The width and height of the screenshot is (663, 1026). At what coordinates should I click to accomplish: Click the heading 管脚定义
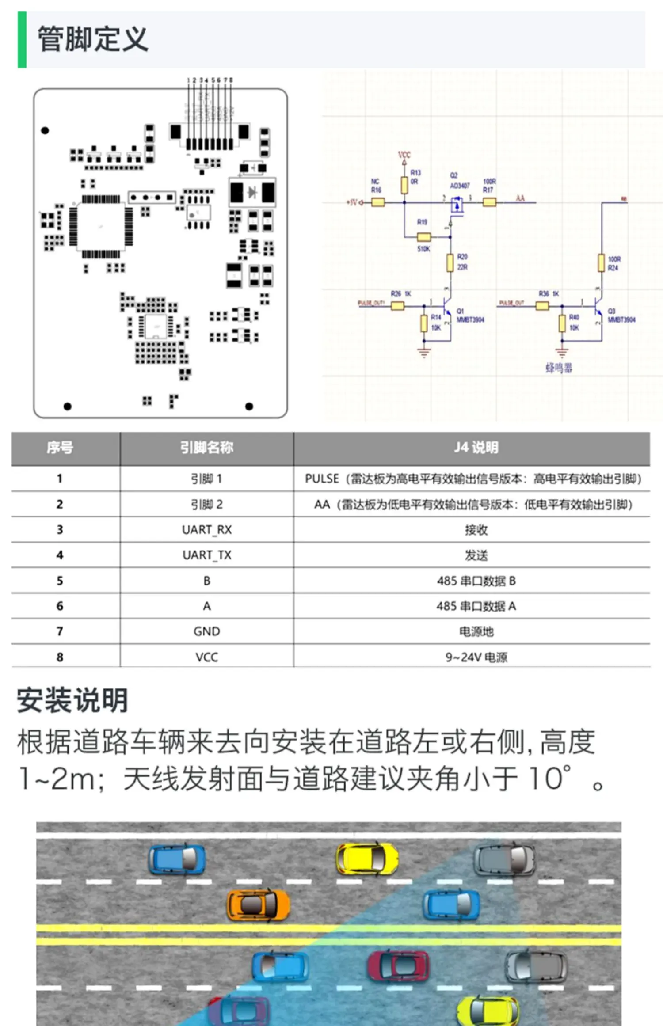92,39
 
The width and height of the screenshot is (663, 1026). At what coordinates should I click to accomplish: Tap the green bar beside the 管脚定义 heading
22,39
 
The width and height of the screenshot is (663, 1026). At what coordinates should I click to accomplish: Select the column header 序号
60,448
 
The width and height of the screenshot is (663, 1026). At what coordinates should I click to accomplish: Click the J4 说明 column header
476,448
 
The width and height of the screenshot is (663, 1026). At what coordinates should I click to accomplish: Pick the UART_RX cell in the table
206,529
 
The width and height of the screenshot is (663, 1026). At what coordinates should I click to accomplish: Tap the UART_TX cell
206,555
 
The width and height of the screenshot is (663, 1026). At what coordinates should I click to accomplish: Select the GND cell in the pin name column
206,631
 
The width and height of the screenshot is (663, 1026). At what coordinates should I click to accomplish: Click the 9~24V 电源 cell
476,657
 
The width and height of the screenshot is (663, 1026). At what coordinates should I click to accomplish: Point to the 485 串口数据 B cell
476,581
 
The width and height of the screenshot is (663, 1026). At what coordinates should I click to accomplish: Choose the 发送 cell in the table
476,555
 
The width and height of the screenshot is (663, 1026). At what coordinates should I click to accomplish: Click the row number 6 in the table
60,606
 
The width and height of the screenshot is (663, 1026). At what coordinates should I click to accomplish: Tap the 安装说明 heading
72,701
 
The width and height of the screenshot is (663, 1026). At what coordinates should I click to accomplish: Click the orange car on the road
258,905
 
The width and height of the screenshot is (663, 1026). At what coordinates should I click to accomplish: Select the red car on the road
398,966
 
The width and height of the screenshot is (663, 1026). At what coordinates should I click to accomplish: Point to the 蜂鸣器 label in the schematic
559,368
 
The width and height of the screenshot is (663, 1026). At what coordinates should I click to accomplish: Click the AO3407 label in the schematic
460,186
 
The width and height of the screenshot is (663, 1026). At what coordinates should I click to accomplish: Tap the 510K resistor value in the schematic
423,249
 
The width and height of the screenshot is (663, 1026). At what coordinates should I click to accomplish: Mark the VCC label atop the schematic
404,155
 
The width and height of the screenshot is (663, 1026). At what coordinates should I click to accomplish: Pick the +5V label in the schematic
352,203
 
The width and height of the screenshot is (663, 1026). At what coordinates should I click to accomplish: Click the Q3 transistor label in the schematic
611,311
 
